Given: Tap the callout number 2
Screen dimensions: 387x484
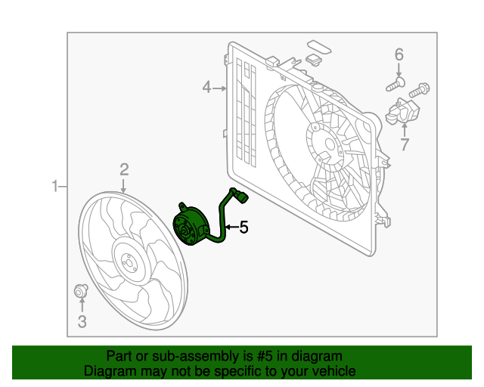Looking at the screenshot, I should click(x=124, y=169).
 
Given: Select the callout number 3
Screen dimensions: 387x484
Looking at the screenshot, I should click(x=82, y=322).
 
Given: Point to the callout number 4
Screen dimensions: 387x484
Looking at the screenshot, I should click(x=206, y=88).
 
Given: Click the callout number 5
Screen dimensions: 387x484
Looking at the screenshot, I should click(x=244, y=226).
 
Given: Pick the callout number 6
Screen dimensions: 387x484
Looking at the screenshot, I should click(x=399, y=54).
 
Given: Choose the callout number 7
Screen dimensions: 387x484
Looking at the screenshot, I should click(x=405, y=144).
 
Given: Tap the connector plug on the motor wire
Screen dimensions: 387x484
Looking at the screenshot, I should click(x=240, y=198).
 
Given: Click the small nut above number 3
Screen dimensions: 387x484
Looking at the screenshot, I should click(x=80, y=291).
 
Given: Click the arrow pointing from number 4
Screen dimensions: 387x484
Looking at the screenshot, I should click(x=220, y=88).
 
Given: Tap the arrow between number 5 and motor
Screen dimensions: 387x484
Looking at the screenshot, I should click(x=231, y=226).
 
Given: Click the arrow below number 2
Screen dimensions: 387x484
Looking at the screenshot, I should click(x=124, y=184).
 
